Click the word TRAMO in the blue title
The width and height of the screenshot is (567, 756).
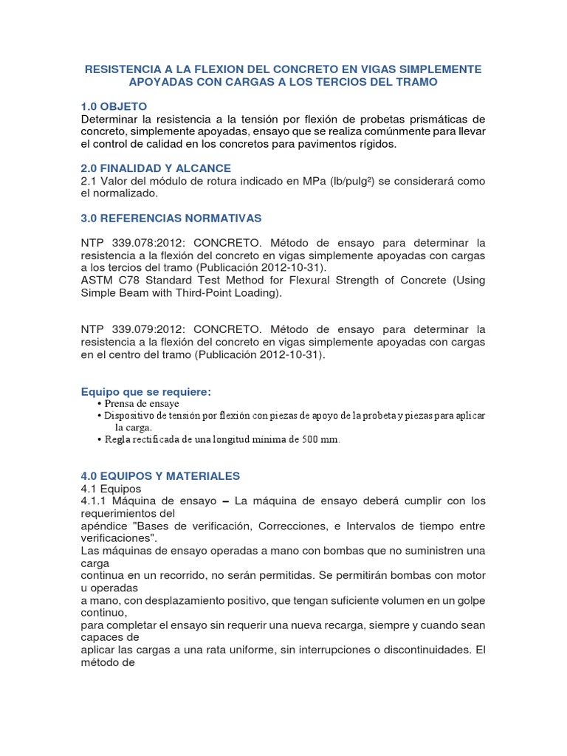tap(417, 82)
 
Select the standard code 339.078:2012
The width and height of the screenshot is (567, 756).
tap(145, 243)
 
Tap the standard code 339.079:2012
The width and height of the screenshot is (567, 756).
tap(145, 329)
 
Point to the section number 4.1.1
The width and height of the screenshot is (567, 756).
tap(94, 501)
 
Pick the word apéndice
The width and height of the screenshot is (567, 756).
tap(104, 526)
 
